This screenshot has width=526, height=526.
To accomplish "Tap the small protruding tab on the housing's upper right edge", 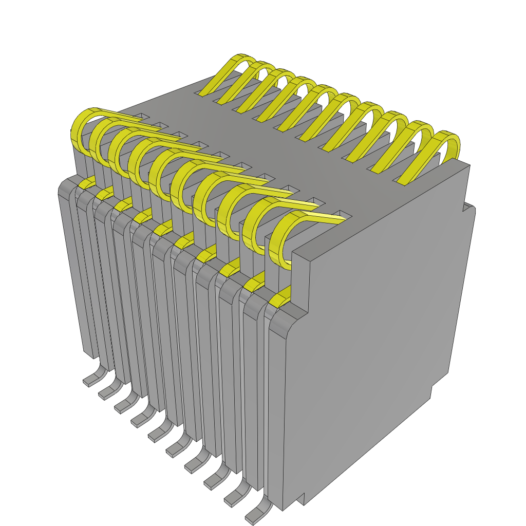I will [468, 206].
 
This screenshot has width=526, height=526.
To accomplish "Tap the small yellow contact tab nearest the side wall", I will [279, 300].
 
